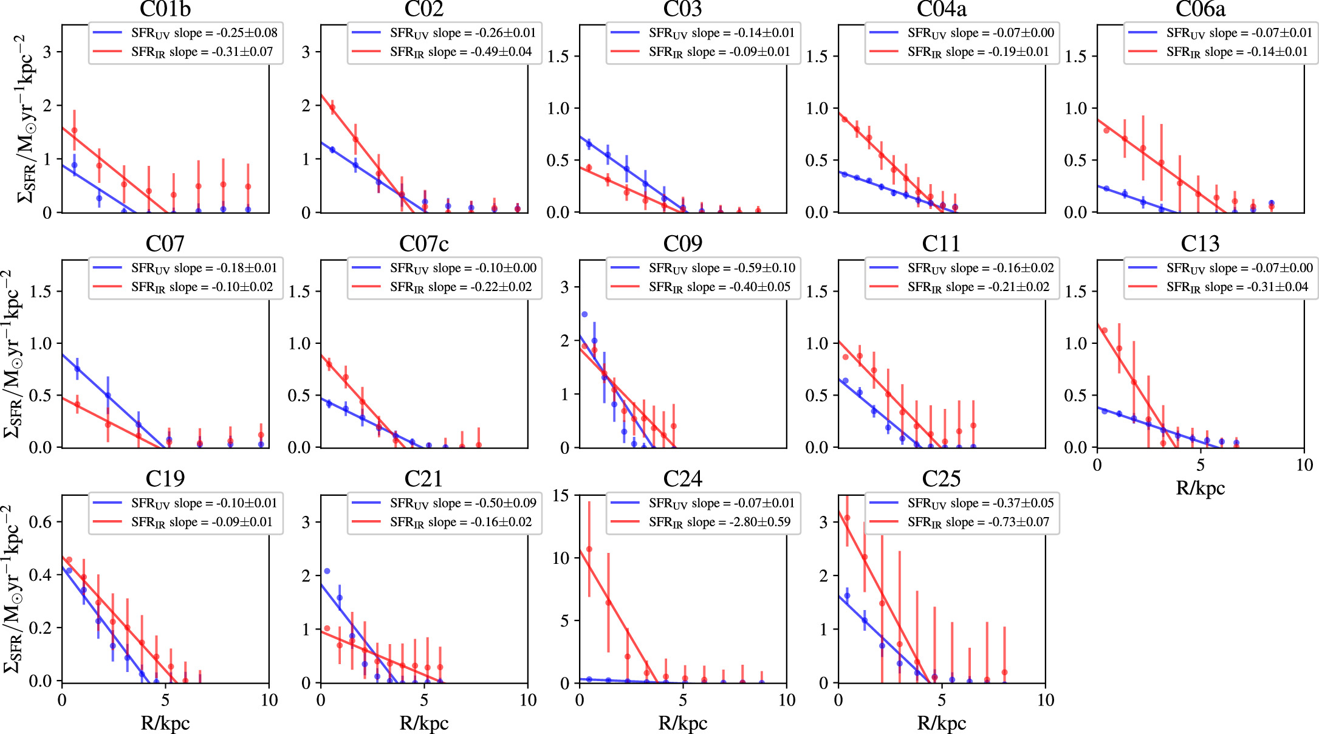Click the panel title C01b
(165, 9)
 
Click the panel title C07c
(423, 244)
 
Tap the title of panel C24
(682, 479)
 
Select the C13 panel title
(1200, 244)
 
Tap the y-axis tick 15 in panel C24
(561, 496)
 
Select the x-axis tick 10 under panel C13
(1304, 465)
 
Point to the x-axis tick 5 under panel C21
(424, 701)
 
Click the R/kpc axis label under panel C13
(1200, 488)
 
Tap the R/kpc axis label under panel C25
(941, 723)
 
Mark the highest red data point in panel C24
(589, 549)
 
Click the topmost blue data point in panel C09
(584, 314)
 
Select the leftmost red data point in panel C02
(332, 108)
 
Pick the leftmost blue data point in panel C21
(327, 571)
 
